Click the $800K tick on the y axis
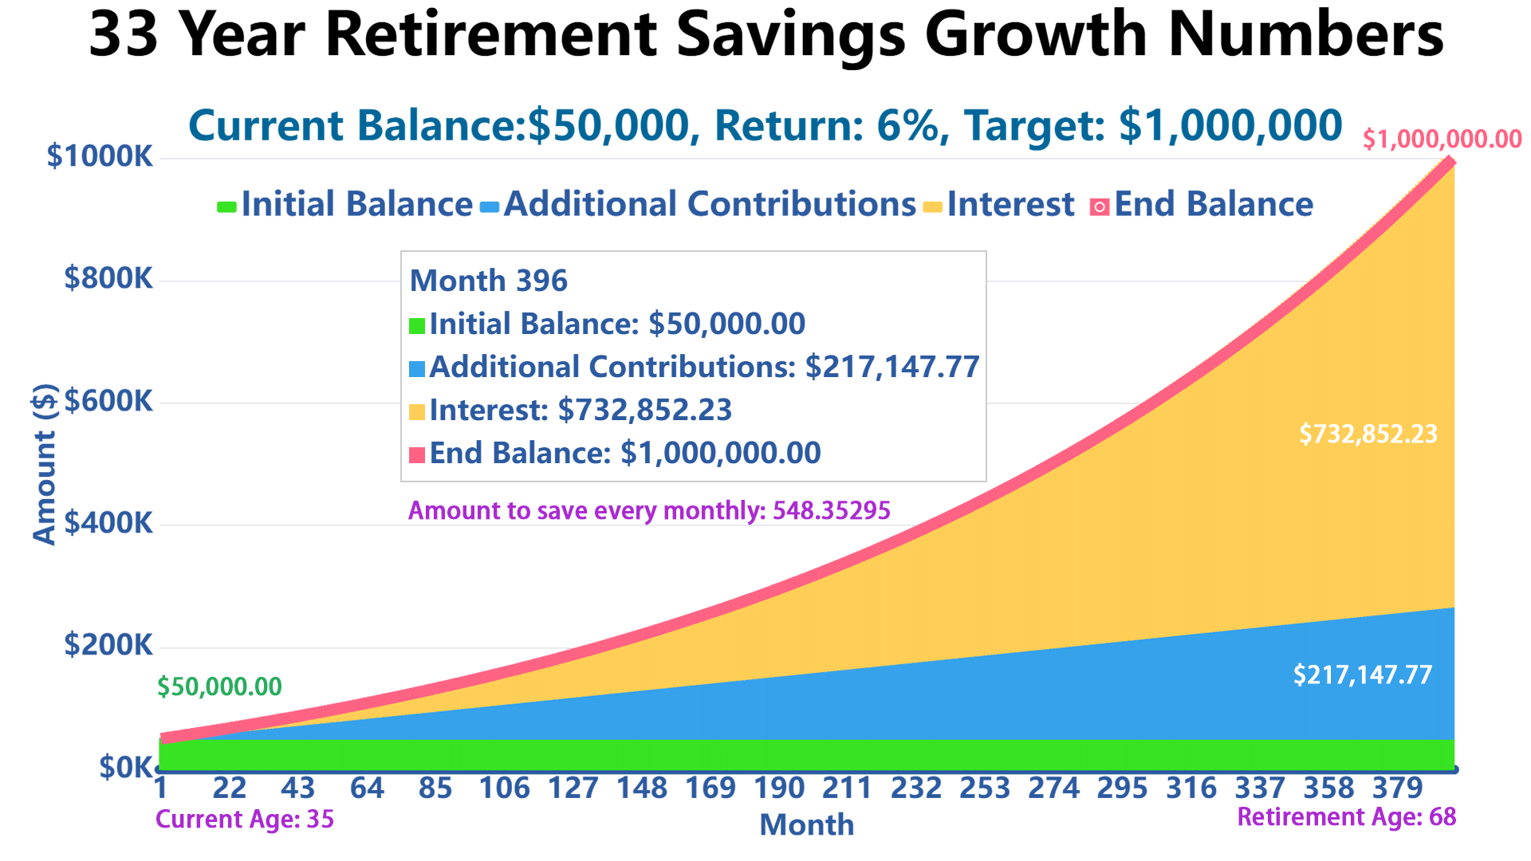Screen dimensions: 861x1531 coord(108,278)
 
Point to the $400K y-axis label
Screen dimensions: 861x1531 coord(108,523)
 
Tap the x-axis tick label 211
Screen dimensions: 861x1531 coord(847,788)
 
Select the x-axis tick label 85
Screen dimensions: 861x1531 coord(435,788)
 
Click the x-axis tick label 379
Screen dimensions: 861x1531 coord(1397,788)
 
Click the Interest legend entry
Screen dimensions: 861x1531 coord(1010,205)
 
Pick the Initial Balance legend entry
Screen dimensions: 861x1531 coord(356,205)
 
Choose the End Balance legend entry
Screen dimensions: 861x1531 coord(1212,205)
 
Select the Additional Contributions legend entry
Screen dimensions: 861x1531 coord(710,205)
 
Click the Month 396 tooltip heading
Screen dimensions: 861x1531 coord(488,281)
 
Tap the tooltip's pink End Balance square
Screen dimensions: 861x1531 coord(417,455)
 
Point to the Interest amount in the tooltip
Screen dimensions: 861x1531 coord(644,410)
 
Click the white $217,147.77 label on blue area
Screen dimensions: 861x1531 coord(1362,675)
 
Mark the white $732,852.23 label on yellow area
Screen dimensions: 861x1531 coord(1368,434)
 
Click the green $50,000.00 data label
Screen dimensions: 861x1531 coord(219,686)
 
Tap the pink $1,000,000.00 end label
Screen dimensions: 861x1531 coord(1442,140)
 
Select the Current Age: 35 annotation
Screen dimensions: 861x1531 coord(245,819)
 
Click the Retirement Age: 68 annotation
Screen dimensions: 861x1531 coord(1346,817)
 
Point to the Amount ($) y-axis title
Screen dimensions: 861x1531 coord(45,464)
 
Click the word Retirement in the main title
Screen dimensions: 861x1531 coord(491,35)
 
